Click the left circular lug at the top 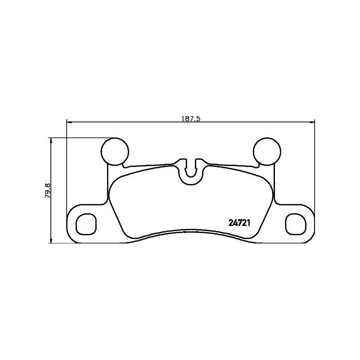pos(114,151)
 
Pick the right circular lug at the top pos(267,151)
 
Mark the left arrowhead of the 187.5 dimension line pos(69,121)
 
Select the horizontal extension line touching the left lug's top pos(81,137)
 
